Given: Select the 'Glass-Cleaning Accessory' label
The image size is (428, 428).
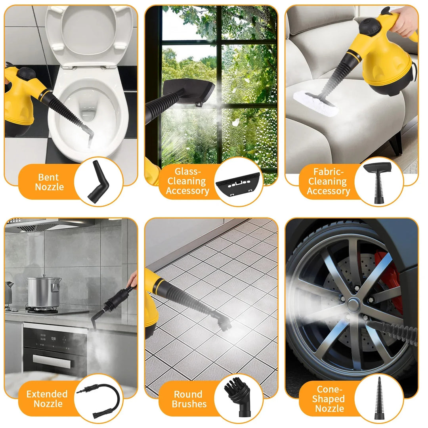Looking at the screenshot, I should pyautogui.click(x=187, y=181).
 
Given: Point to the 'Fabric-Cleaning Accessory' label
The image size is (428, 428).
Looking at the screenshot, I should pyautogui.click(x=329, y=182).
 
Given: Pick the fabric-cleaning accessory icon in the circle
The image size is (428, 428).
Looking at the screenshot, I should pyautogui.click(x=378, y=182).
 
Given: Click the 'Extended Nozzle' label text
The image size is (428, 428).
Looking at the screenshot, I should pyautogui.click(x=47, y=399).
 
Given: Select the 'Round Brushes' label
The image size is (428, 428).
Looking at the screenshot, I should pyautogui.click(x=189, y=399).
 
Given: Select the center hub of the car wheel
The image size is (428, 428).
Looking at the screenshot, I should pyautogui.click(x=353, y=305).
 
